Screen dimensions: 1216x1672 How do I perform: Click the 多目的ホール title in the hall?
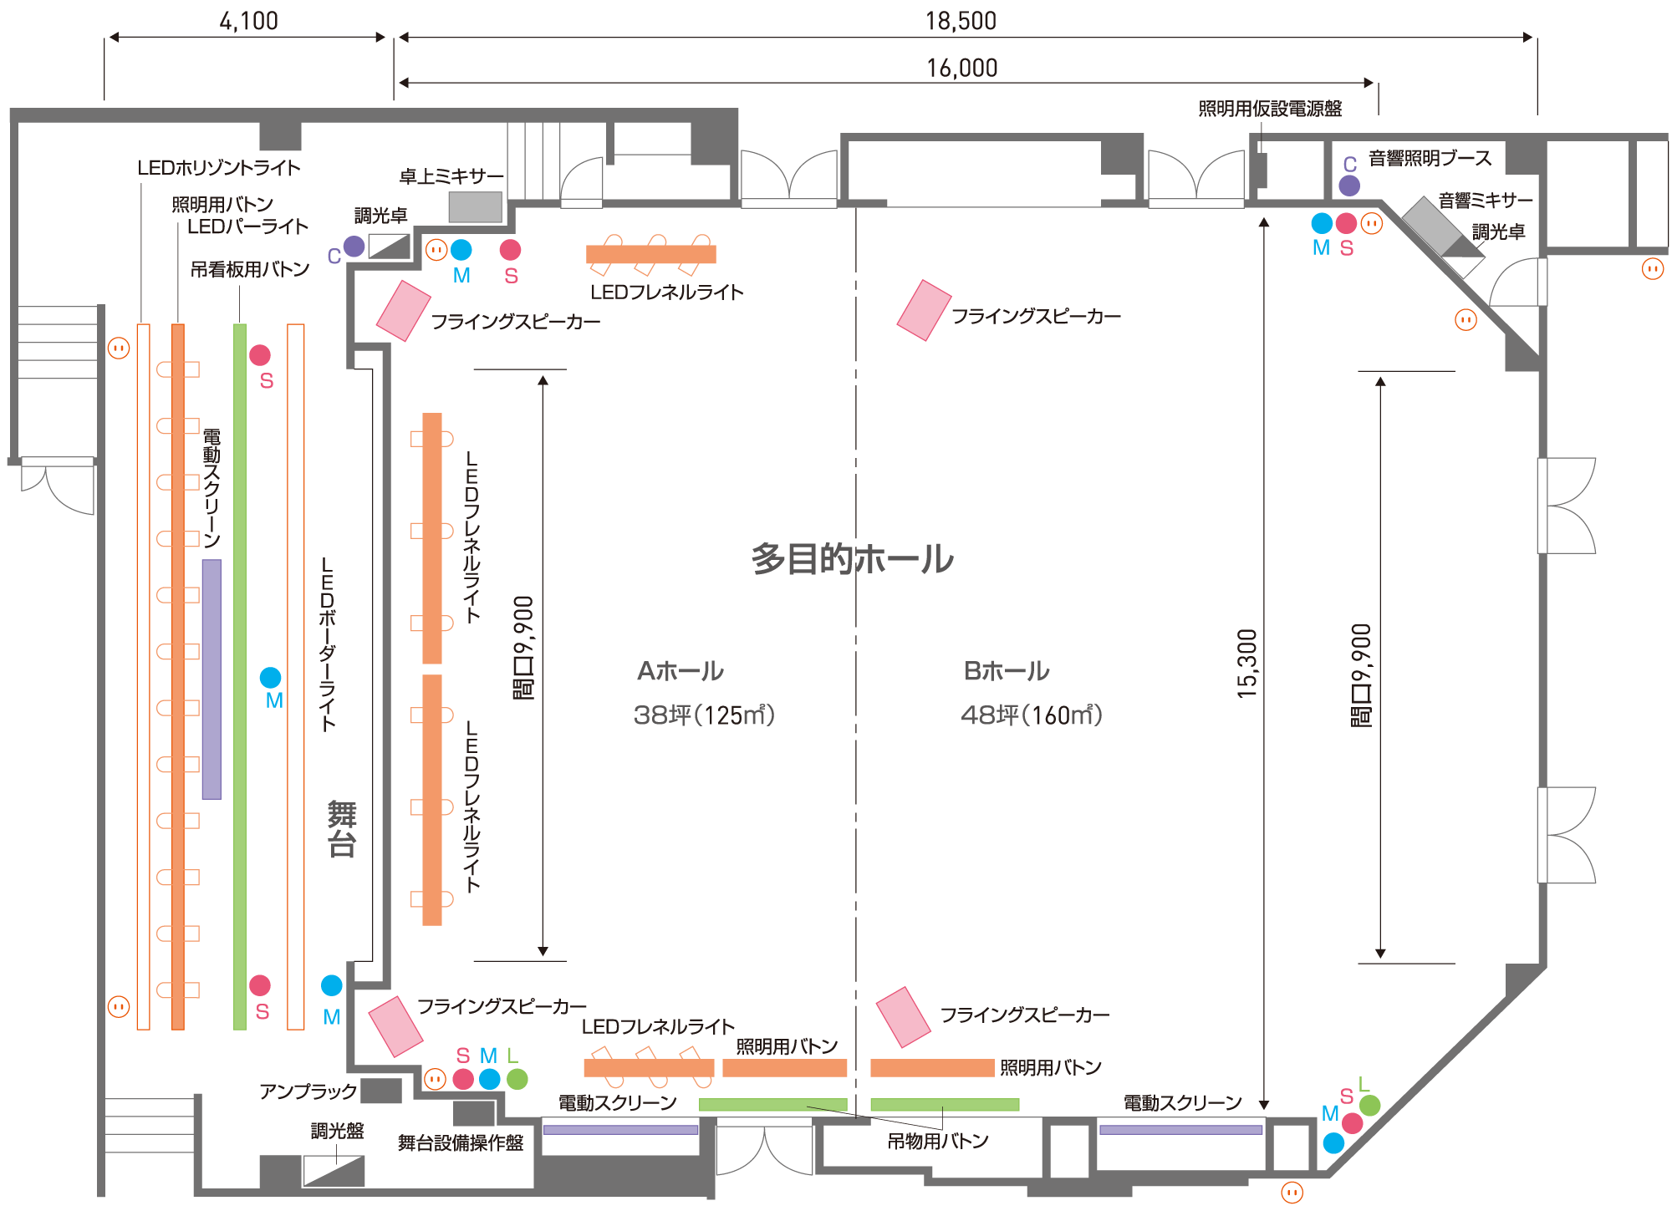pyautogui.click(x=852, y=559)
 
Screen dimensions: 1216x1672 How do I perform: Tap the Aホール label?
pyautogui.click(x=681, y=671)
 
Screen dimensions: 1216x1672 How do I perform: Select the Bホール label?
pyautogui.click(x=1007, y=671)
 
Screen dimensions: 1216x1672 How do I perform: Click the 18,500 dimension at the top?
pyautogui.click(x=961, y=22)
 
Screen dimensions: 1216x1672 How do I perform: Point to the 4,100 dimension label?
pyautogui.click(x=248, y=22)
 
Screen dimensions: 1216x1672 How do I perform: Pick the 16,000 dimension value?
pyautogui.click(x=961, y=69)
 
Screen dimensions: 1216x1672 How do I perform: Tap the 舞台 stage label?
pyautogui.click(x=342, y=828)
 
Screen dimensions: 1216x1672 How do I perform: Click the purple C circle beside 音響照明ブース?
pyautogui.click(x=1349, y=185)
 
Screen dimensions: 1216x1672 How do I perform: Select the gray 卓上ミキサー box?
pyautogui.click(x=475, y=206)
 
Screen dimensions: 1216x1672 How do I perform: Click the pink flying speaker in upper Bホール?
pyautogui.click(x=924, y=310)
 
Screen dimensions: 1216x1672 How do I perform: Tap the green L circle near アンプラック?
pyautogui.click(x=517, y=1079)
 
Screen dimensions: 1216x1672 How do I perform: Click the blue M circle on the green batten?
pyautogui.click(x=270, y=677)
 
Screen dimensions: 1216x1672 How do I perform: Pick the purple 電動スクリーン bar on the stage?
pyautogui.click(x=212, y=679)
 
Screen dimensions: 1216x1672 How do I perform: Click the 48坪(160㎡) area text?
pyautogui.click(x=1032, y=715)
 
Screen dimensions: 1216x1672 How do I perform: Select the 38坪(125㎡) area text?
pyautogui.click(x=704, y=715)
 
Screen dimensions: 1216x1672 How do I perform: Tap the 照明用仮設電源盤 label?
pyautogui.click(x=1270, y=109)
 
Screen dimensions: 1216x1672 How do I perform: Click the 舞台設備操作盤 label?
pyautogui.click(x=460, y=1142)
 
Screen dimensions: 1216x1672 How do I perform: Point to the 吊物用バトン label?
pyautogui.click(x=938, y=1141)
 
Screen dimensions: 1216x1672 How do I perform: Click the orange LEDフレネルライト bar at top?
pyautogui.click(x=650, y=254)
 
